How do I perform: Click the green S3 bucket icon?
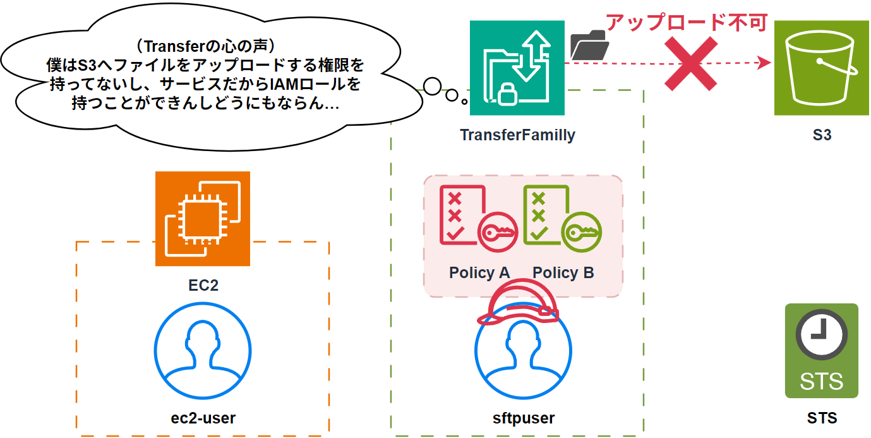(x=822, y=68)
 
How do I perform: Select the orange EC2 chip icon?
(x=203, y=219)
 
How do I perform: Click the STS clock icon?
(x=821, y=351)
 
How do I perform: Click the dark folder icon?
(x=589, y=46)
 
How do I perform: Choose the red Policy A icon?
(x=479, y=216)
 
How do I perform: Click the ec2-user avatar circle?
(x=203, y=350)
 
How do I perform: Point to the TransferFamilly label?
(x=517, y=135)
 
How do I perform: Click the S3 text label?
(x=822, y=135)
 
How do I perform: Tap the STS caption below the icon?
(x=822, y=418)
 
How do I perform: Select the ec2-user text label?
(x=203, y=418)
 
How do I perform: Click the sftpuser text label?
(x=523, y=418)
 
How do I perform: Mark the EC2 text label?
(x=203, y=285)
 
